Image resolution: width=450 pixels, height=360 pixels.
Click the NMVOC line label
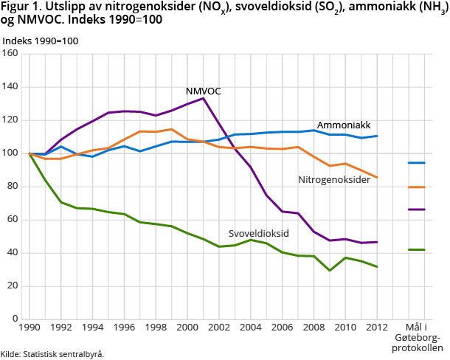coord(203,91)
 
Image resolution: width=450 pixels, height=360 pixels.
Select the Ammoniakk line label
coord(343,125)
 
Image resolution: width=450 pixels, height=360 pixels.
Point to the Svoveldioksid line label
coord(258,234)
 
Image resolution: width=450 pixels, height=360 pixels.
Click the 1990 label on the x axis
coord(30,328)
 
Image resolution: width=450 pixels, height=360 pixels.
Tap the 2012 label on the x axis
coord(377,328)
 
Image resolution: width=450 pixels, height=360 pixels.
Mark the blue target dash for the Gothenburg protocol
coord(417,162)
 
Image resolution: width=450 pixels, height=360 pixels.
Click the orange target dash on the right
coord(417,187)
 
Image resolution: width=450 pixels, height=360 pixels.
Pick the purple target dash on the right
coord(417,210)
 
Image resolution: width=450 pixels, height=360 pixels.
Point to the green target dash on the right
coord(417,250)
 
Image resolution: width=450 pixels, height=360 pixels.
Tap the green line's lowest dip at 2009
coord(329,271)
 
